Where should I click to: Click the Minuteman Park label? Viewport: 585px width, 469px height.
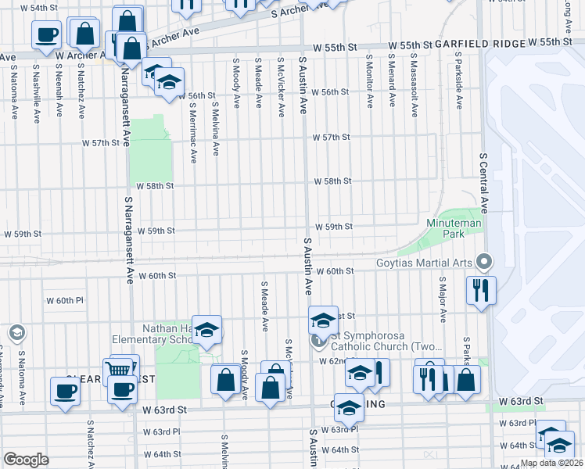click(x=454, y=229)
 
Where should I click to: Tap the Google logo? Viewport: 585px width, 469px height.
click(x=25, y=460)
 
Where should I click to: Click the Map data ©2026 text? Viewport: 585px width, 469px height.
click(x=551, y=463)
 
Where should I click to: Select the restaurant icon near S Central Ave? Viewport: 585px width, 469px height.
click(x=481, y=290)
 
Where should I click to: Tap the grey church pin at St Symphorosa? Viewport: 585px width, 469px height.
click(x=318, y=340)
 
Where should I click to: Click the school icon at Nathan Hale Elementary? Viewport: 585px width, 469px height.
click(x=207, y=330)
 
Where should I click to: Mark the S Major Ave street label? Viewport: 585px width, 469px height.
click(x=442, y=299)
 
